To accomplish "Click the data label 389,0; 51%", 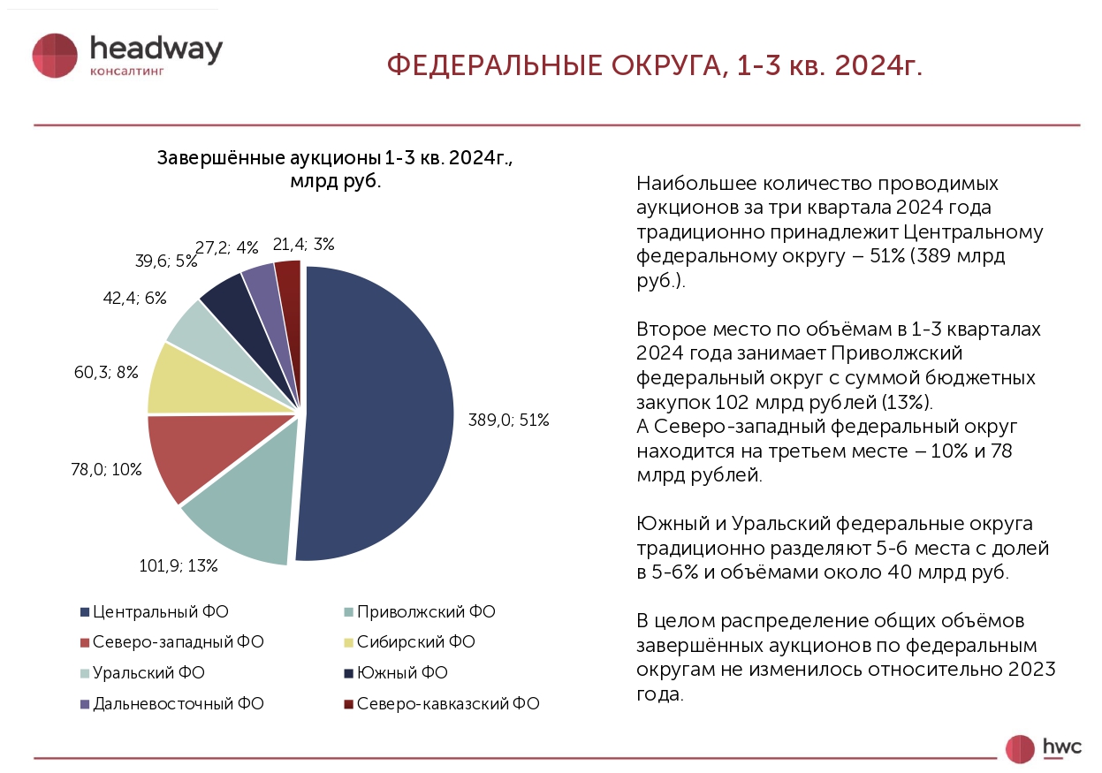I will pos(508,421).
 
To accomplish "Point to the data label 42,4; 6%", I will pos(134,299).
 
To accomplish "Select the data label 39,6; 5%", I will pos(164,261).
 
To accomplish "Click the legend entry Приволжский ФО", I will pos(419,611).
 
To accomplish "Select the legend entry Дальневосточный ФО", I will pos(171,704).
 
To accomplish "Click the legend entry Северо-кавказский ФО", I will pos(441,704).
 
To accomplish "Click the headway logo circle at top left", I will pos(56,56).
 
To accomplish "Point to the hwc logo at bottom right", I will pos(1043,747).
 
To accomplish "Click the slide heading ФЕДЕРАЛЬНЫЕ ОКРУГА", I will pos(655,66).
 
